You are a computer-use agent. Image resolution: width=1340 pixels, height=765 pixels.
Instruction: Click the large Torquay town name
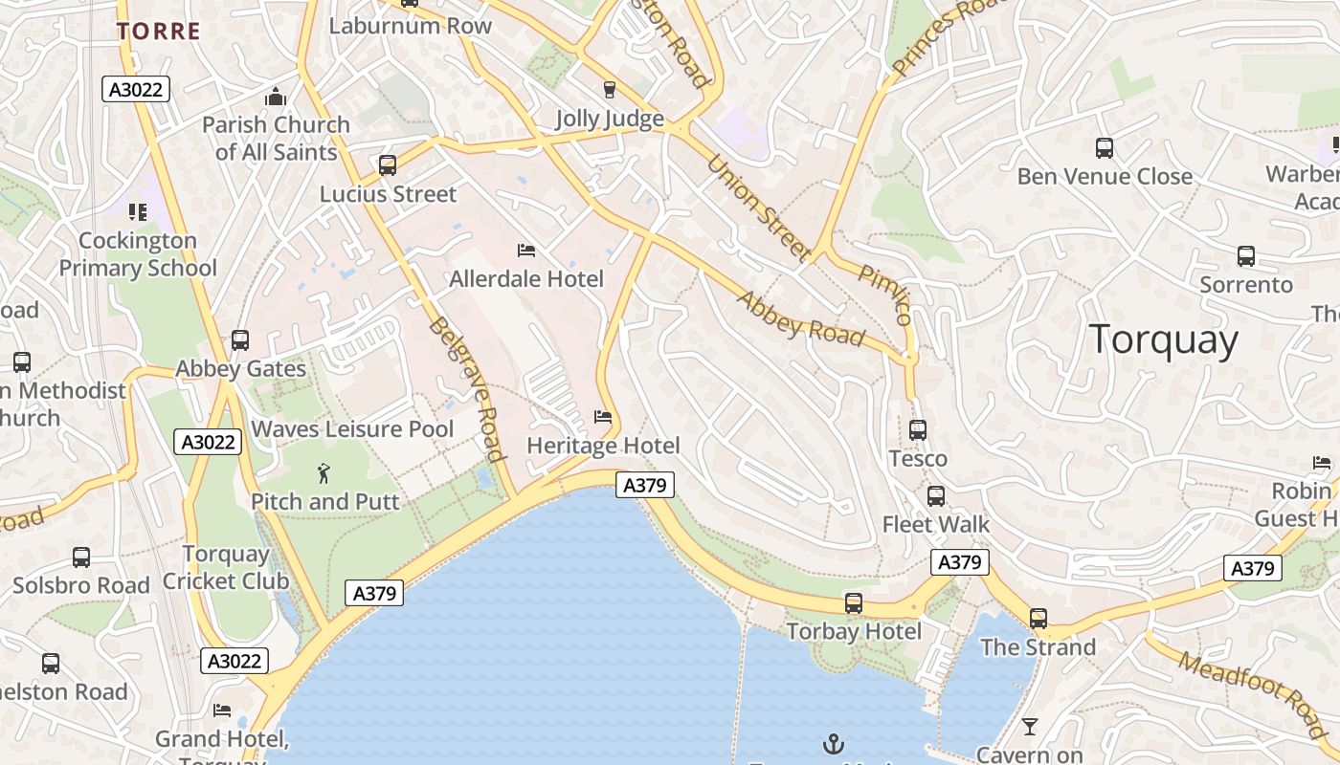[1163, 339]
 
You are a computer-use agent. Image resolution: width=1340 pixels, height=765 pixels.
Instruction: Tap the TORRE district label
[159, 31]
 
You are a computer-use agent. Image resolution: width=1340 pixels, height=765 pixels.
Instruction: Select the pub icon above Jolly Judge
[609, 90]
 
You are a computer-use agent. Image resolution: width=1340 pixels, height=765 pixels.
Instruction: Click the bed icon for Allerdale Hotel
[525, 251]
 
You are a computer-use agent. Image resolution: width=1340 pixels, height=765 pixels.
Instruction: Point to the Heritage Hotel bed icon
[602, 417]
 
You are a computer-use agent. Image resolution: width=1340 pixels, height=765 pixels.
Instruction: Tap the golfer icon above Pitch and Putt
[324, 472]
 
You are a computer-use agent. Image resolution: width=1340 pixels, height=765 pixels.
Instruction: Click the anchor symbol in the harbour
[834, 743]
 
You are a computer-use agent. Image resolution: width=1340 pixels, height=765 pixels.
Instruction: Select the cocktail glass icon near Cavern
[1029, 727]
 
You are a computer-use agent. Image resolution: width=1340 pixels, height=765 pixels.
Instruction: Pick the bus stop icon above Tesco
[917, 430]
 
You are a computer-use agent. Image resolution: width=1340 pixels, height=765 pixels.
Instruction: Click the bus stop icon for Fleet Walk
[935, 496]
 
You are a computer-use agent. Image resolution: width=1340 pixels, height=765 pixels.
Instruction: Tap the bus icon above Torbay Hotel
[853, 603]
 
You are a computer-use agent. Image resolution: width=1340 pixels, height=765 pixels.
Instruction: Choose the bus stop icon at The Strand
[1038, 619]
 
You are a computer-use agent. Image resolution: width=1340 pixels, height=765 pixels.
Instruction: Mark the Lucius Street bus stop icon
[387, 165]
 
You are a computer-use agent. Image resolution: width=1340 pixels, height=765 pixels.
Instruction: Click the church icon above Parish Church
[276, 97]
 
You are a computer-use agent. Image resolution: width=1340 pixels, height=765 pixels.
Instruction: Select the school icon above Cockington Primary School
[138, 211]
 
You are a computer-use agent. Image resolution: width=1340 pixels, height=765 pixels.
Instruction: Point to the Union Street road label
[759, 208]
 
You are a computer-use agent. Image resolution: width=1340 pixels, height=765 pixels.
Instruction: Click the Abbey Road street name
[800, 318]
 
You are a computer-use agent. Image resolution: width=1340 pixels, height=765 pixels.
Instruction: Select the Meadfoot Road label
[1254, 693]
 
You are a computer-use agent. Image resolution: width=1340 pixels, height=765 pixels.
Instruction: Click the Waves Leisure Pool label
[352, 429]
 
